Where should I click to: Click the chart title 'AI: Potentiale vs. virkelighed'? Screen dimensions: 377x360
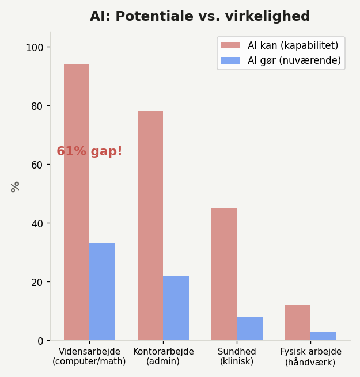(x=200, y=17)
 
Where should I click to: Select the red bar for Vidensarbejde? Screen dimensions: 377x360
(x=77, y=230)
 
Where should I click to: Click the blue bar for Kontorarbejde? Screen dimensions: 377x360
(x=176, y=308)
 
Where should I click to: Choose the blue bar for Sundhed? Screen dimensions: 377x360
(x=249, y=329)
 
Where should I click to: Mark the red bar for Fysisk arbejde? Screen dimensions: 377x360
(x=298, y=323)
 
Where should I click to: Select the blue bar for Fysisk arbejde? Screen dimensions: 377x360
(x=323, y=336)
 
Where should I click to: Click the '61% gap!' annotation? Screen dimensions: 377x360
(x=89, y=152)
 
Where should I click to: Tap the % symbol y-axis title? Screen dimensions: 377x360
(x=16, y=186)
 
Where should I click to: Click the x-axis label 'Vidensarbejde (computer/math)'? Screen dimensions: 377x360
(x=89, y=356)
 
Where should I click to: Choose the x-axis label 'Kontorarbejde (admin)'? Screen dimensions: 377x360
(x=163, y=356)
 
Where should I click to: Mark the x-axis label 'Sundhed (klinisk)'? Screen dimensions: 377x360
(x=237, y=356)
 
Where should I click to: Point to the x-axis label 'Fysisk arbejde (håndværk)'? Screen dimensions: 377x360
(x=310, y=356)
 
